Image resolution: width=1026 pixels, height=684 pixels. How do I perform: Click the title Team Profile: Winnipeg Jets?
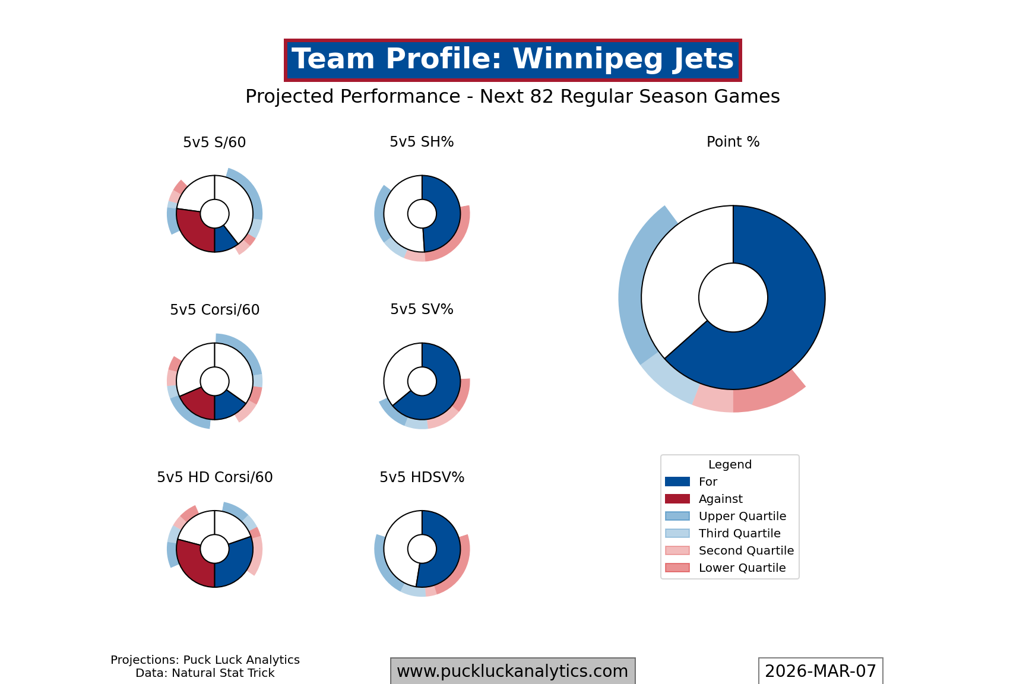[x=512, y=60]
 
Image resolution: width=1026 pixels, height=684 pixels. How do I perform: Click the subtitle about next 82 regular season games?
[x=512, y=96]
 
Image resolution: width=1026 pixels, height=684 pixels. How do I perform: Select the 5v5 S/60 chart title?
[x=214, y=142]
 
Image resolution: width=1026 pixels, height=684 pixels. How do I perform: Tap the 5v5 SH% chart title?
[x=422, y=142]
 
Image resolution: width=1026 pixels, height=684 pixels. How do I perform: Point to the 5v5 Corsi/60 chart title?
[x=214, y=310]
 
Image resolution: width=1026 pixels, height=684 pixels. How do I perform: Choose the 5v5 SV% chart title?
[x=422, y=309]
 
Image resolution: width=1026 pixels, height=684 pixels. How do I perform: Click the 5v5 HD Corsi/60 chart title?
[x=214, y=477]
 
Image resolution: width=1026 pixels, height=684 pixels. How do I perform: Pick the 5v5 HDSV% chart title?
[x=422, y=477]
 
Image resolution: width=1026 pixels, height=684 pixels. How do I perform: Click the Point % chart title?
[x=733, y=142]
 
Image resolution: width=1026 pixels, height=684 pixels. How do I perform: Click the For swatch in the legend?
[x=677, y=482]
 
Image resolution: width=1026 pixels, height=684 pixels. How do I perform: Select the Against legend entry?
[x=720, y=499]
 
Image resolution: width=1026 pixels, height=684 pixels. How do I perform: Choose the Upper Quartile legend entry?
[x=742, y=516]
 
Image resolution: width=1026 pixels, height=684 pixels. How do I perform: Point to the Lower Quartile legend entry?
[x=742, y=568]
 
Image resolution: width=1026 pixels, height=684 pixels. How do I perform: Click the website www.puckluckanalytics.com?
[x=512, y=671]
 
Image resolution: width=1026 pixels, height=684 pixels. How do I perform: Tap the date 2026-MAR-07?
[x=820, y=671]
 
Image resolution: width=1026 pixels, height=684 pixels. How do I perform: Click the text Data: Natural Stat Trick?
[x=205, y=673]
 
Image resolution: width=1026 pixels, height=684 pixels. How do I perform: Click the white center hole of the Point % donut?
[x=733, y=297]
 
